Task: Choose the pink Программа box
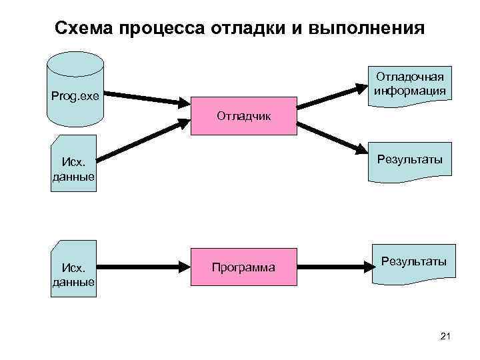click(243, 267)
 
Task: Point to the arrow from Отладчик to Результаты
click(330, 137)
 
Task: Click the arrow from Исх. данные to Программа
click(143, 267)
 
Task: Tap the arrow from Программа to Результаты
click(333, 267)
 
